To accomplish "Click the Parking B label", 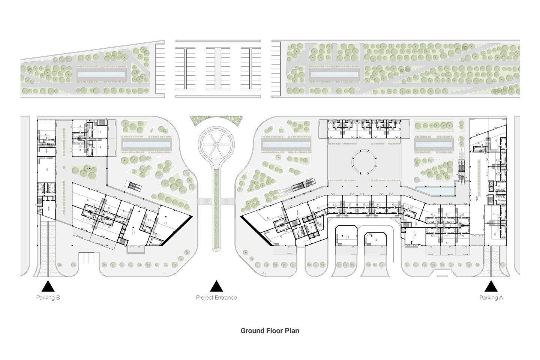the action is click(48, 298).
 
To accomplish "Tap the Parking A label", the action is click(491, 298).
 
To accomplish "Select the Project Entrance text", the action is click(216, 298).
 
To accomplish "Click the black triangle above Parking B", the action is click(48, 287).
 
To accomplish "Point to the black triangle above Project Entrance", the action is click(216, 287).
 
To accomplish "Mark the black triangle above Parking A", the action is click(491, 287).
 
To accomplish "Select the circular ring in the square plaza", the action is click(364, 162).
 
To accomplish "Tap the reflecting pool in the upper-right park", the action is click(333, 75).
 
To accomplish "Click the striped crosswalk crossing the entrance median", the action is click(216, 201).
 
